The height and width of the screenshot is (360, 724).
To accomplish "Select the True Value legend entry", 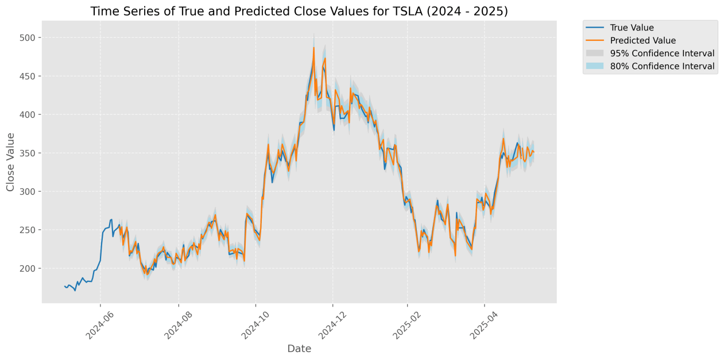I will click(x=632, y=28).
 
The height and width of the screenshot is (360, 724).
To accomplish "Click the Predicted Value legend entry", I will click(x=642, y=41).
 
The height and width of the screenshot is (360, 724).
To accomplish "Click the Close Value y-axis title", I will click(x=11, y=161).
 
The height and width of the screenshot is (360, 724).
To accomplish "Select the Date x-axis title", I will click(x=299, y=349).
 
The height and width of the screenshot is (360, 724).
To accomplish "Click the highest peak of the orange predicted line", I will click(x=313, y=48).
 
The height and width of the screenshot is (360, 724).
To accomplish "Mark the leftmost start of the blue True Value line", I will click(x=64, y=286).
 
